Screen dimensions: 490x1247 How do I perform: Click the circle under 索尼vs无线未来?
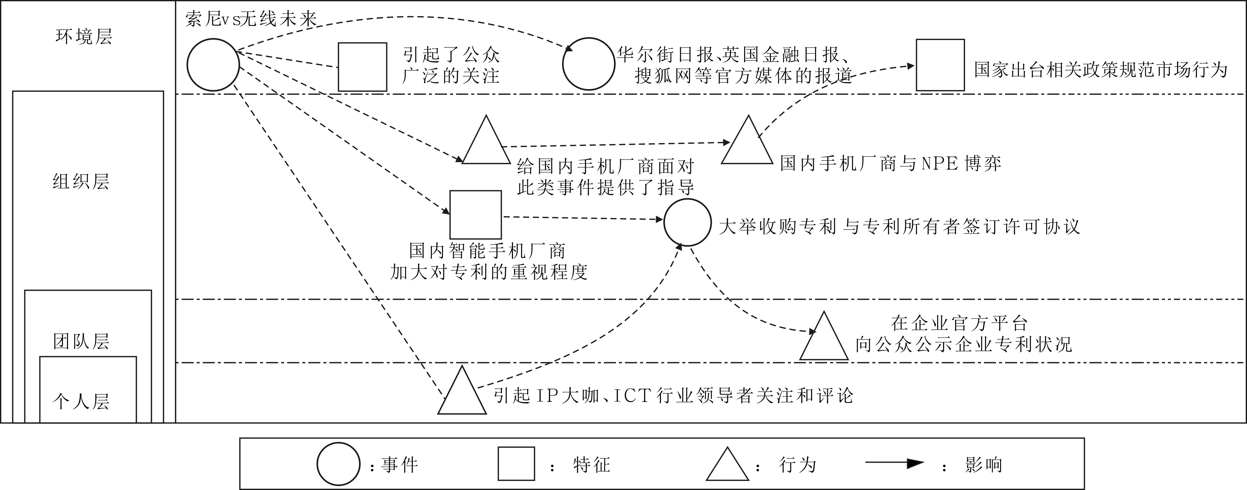(x=213, y=65)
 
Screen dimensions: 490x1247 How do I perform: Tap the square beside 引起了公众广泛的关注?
(x=362, y=67)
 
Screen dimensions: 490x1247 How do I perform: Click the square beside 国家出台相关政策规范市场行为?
(x=940, y=65)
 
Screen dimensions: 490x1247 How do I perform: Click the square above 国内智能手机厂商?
(x=475, y=214)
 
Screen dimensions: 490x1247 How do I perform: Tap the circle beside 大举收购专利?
(x=687, y=222)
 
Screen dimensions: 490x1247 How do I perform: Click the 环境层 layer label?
(x=84, y=37)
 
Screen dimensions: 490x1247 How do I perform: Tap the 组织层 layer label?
(x=81, y=182)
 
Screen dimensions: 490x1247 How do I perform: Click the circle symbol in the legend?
(x=338, y=464)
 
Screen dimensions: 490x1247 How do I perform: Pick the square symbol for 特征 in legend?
(x=516, y=464)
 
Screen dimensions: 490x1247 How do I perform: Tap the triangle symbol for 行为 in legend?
(x=727, y=467)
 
